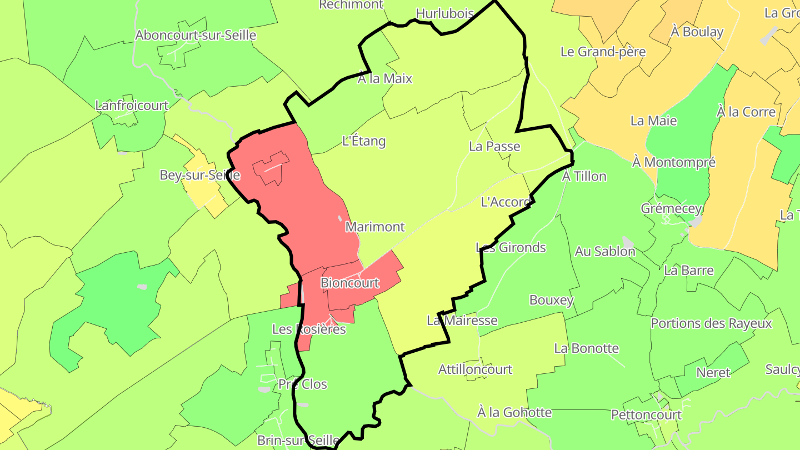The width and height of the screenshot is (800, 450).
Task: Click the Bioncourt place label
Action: click(x=350, y=283)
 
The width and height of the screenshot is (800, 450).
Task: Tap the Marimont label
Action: click(x=375, y=227)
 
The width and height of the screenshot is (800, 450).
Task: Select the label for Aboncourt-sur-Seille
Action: click(x=196, y=35)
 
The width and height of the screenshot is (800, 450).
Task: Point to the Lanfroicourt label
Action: click(x=132, y=105)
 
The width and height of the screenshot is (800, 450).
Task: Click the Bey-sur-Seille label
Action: click(x=199, y=175)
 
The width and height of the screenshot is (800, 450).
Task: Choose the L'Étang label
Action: click(x=364, y=141)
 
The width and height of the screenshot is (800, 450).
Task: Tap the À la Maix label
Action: click(x=385, y=78)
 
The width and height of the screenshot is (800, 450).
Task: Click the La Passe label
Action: click(x=494, y=146)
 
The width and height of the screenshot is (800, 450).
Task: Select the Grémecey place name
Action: click(x=671, y=208)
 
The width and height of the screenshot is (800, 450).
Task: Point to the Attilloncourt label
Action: click(x=475, y=369)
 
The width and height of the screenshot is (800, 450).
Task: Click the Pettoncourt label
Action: click(x=646, y=414)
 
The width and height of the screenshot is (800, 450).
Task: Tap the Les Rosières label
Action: click(x=309, y=329)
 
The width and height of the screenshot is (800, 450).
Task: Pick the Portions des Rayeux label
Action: click(x=711, y=323)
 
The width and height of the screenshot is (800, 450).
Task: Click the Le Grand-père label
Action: click(x=603, y=52)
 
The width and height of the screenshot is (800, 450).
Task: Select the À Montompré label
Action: click(x=674, y=162)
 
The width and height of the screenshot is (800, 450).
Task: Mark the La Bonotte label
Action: click(x=586, y=348)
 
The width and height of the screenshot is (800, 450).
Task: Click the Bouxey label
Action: click(x=551, y=300)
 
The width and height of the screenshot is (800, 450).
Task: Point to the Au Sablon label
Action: click(x=604, y=251)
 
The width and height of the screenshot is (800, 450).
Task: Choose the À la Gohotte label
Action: click(x=514, y=412)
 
